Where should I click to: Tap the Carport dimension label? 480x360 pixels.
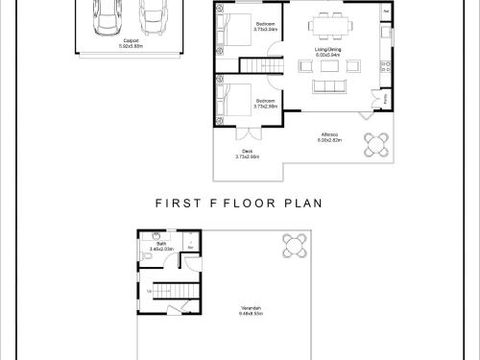click(x=131, y=43)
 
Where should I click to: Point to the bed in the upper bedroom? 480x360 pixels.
click(x=236, y=32)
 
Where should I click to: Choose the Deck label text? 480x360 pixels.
click(x=247, y=153)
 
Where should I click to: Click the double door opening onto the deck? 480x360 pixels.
click(x=249, y=132)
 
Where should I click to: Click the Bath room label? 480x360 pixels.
click(x=160, y=246)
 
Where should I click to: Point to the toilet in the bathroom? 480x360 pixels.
click(x=147, y=257)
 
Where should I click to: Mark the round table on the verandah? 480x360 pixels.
click(x=296, y=242)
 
